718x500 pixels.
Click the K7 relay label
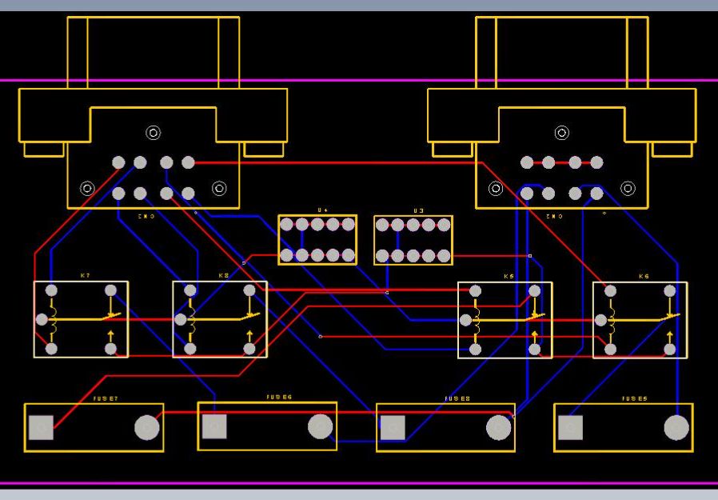click(85, 275)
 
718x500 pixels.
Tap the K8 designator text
click(223, 275)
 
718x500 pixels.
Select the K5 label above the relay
click(509, 276)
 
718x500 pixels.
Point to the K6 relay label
click(644, 276)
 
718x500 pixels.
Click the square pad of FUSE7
click(41, 428)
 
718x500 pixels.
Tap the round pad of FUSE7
click(147, 428)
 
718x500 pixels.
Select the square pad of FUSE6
click(214, 427)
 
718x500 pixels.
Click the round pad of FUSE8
click(499, 428)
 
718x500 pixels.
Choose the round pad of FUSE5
click(676, 428)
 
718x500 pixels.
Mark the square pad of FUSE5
click(570, 428)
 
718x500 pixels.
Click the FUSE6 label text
click(279, 397)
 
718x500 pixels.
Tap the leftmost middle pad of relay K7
click(42, 319)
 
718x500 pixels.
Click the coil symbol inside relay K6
click(612, 320)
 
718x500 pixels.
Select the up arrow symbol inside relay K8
click(249, 334)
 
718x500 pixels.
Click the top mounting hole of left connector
click(153, 133)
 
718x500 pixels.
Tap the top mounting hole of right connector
click(562, 133)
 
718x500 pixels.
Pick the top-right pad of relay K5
click(535, 290)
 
